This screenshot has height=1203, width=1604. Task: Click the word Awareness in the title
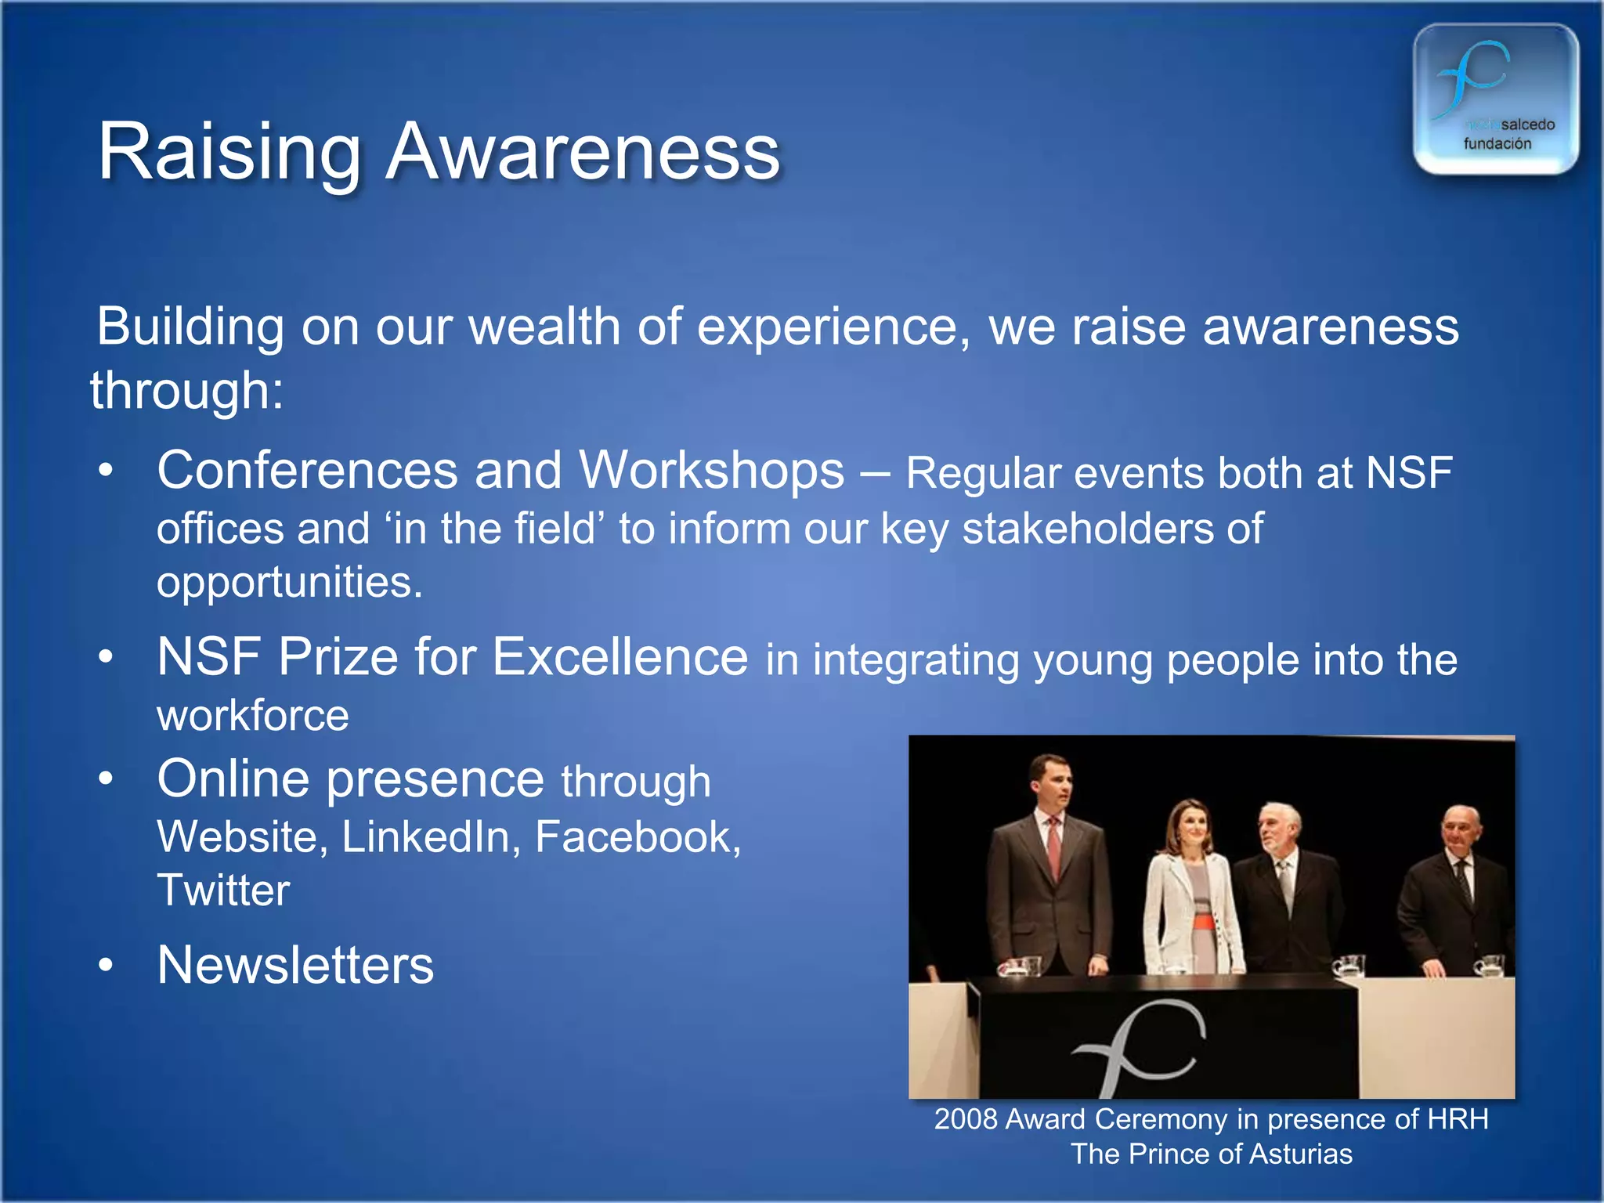pos(583,152)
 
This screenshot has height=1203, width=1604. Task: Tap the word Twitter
pos(223,891)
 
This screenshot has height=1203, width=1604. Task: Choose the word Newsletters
pos(295,965)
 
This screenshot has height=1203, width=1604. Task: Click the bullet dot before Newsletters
pos(106,966)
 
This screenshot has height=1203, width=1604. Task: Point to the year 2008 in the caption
pos(965,1119)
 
